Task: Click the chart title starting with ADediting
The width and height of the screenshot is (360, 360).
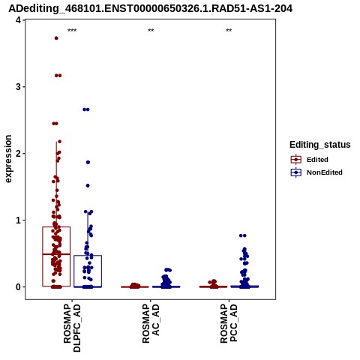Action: tap(151, 8)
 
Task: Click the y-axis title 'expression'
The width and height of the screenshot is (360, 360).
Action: tap(8, 159)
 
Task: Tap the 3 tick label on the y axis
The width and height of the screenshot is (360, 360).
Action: tap(18, 87)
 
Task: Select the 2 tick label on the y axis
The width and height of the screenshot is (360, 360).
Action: tap(18, 154)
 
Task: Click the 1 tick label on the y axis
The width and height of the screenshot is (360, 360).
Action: tap(18, 220)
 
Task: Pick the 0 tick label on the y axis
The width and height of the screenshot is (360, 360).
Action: tap(18, 287)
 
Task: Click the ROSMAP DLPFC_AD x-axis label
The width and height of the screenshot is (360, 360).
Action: tap(72, 328)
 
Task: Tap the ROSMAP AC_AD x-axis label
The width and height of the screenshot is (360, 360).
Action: tap(151, 323)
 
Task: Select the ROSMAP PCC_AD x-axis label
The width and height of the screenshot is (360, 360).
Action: tap(229, 323)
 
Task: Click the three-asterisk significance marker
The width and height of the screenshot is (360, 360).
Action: tap(72, 31)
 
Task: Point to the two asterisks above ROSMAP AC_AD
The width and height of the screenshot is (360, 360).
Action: tap(151, 31)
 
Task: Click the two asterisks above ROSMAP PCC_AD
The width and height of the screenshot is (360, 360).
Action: tap(229, 31)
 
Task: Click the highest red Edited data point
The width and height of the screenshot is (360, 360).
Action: tap(56, 38)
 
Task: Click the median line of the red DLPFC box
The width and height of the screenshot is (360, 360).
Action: tap(56, 254)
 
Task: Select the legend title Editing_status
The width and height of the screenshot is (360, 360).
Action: tap(320, 145)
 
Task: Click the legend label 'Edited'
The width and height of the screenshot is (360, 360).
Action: tap(317, 160)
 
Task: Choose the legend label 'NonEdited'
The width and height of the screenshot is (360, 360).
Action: tap(325, 172)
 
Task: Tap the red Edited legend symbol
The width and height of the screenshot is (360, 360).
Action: tap(296, 160)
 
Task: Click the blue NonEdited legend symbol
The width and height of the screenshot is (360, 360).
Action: tap(296, 172)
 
